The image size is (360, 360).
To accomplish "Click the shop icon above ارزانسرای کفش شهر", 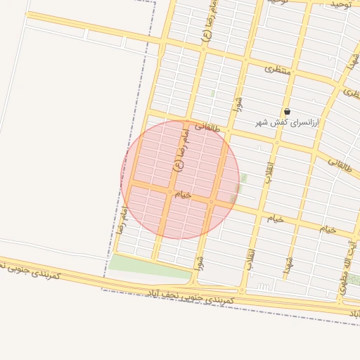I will tap(287, 112).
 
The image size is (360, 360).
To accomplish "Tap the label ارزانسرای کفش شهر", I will tap(287, 123).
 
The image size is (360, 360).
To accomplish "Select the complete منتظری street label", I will tap(278, 70).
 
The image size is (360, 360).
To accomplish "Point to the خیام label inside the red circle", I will tap(183, 193).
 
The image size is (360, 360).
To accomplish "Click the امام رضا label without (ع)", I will tap(121, 219).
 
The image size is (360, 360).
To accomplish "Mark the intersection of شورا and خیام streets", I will tap(211, 202).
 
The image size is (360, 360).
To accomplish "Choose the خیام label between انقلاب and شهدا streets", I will tap(274, 219).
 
